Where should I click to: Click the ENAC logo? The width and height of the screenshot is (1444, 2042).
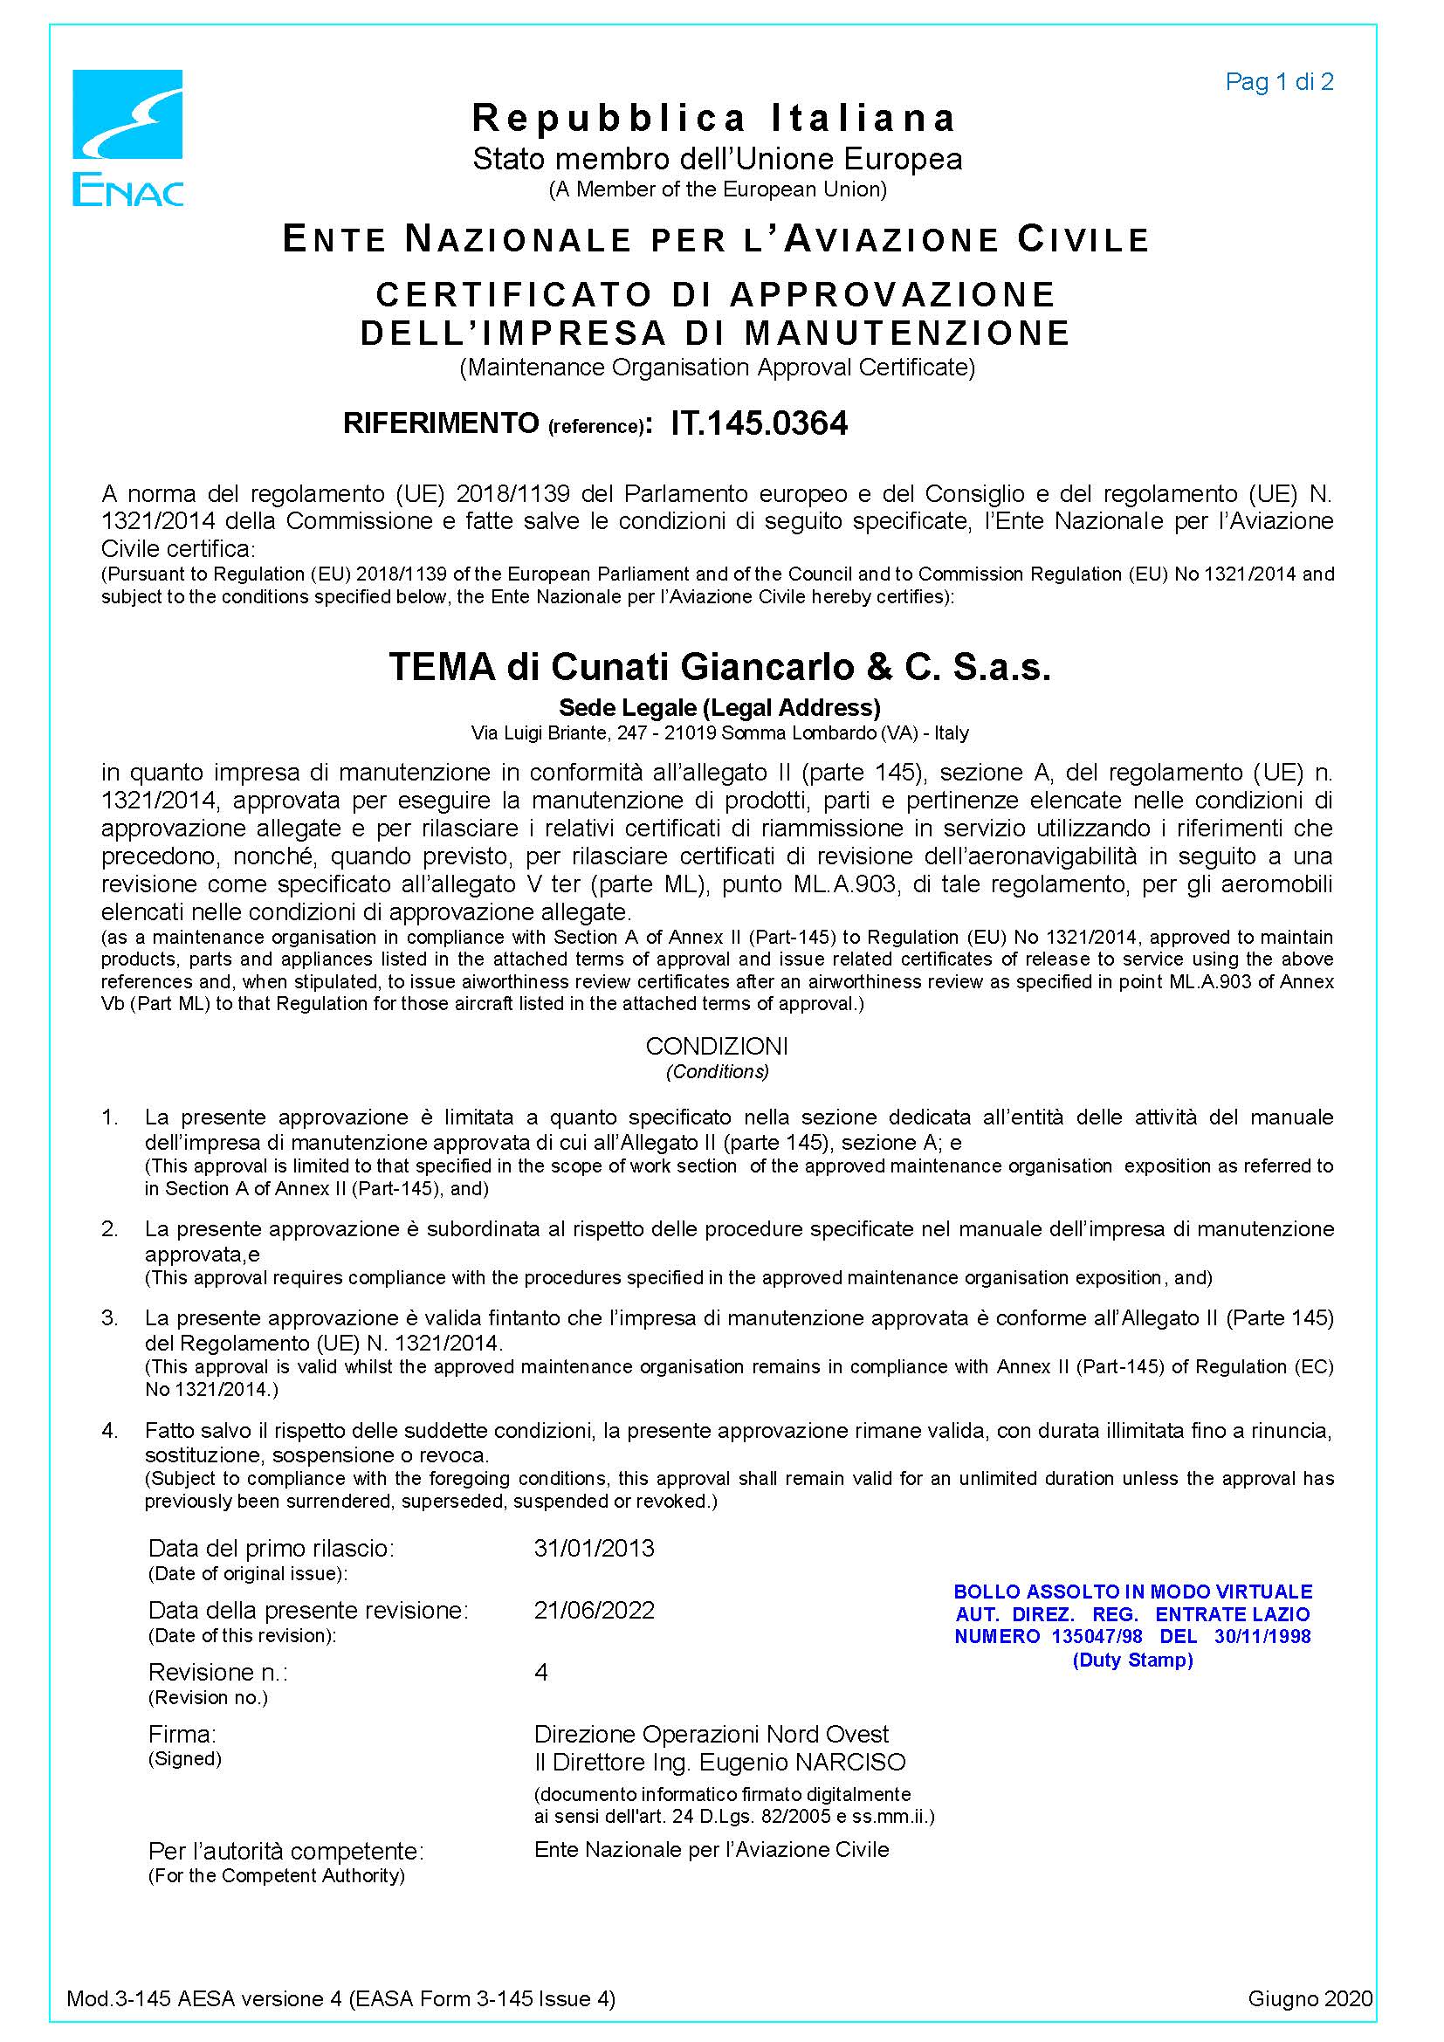click(127, 138)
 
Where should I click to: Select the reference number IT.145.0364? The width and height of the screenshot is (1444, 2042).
click(759, 423)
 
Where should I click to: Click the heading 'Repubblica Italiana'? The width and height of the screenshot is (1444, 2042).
click(714, 117)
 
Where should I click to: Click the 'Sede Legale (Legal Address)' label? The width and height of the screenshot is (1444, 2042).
click(719, 707)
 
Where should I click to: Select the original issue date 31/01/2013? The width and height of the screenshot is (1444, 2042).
click(594, 1549)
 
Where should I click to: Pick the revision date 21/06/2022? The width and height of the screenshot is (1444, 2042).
click(594, 1611)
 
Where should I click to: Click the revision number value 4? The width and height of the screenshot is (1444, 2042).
click(540, 1672)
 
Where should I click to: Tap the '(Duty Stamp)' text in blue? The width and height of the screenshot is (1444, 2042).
click(1132, 1660)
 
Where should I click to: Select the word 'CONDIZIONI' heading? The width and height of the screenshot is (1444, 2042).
click(717, 1046)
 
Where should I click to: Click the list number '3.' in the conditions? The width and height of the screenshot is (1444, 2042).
click(109, 1318)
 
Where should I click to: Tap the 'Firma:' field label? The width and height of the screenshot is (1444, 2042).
click(182, 1735)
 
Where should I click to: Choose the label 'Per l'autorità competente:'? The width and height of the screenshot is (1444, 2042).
click(285, 1852)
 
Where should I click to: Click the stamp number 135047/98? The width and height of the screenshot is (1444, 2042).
click(1097, 1636)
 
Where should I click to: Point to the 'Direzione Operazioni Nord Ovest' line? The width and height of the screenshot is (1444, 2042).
click(712, 1735)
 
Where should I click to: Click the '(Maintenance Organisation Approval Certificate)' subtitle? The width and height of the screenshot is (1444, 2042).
click(717, 368)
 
